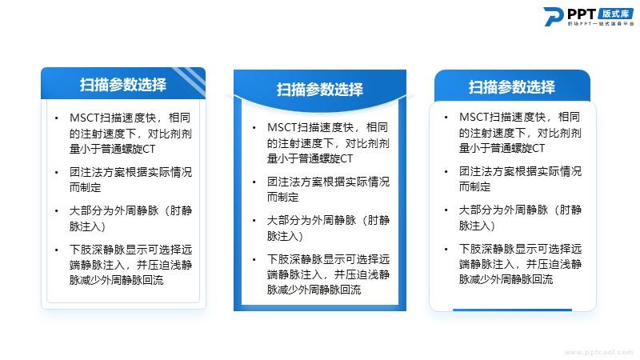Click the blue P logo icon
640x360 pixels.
pos(553,16)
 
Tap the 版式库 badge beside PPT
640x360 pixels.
pos(615,14)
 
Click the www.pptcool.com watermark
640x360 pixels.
pos(598,352)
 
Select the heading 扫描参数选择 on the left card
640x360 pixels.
pos(123,85)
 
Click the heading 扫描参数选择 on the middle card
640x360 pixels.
pos(319,90)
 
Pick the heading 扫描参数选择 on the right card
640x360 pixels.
pos(511,87)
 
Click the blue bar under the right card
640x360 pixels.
pos(512,310)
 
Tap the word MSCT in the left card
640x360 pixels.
pos(85,118)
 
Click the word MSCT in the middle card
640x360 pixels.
pos(282,128)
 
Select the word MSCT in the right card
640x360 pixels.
pos(474,117)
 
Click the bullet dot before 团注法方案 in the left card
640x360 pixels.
pos(56,173)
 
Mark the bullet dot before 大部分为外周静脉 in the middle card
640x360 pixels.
pos(254,221)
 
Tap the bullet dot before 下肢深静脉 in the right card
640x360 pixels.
pos(446,250)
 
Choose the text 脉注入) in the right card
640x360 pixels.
pos(477,226)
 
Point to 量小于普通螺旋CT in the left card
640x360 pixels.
pos(112,149)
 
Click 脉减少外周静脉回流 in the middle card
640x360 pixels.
pos(314,290)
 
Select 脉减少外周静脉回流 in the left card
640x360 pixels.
pos(116,280)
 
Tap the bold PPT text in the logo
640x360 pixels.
pos(582,14)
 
